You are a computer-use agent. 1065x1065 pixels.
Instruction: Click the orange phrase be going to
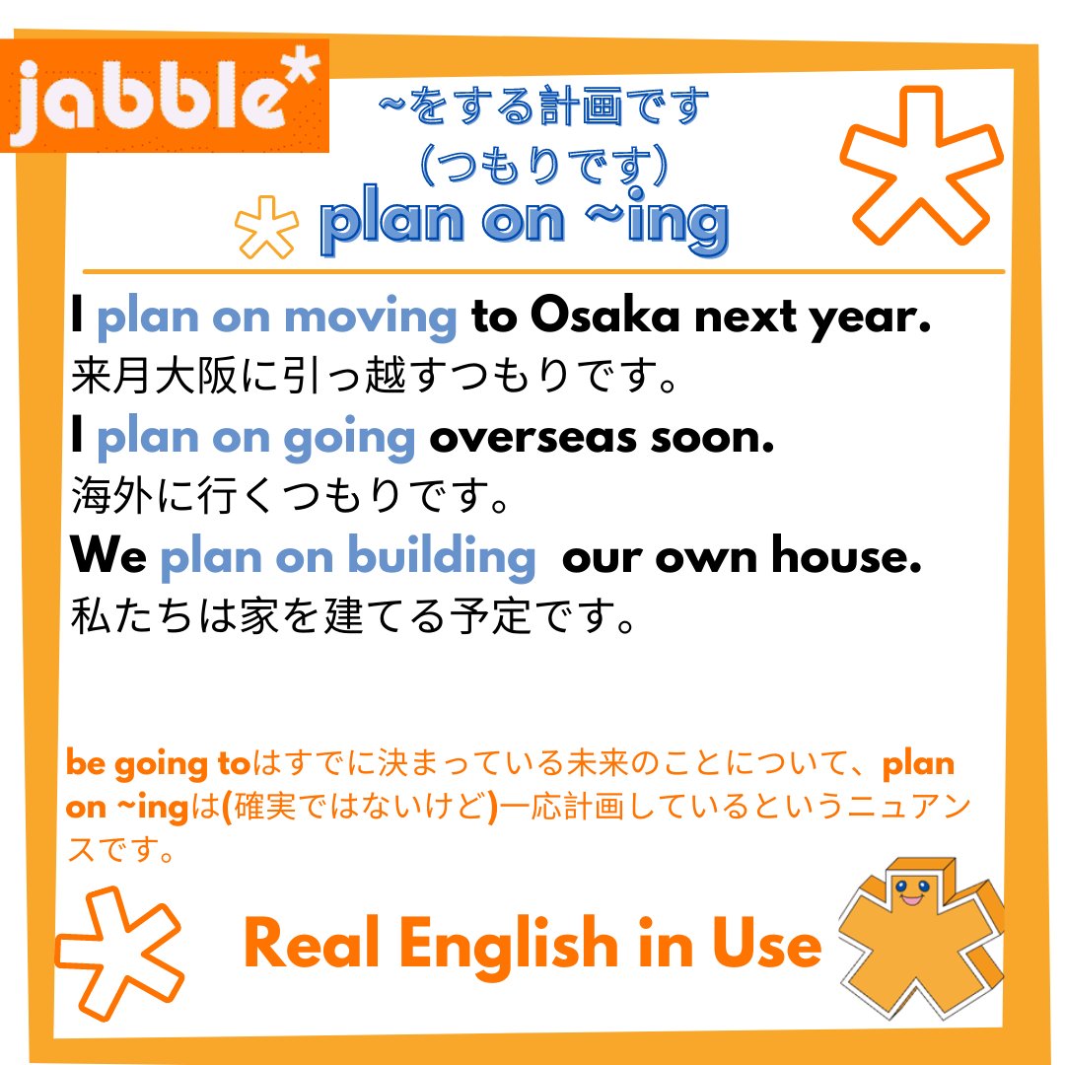[159, 764]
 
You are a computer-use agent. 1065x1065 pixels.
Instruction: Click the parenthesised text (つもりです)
[545, 166]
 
